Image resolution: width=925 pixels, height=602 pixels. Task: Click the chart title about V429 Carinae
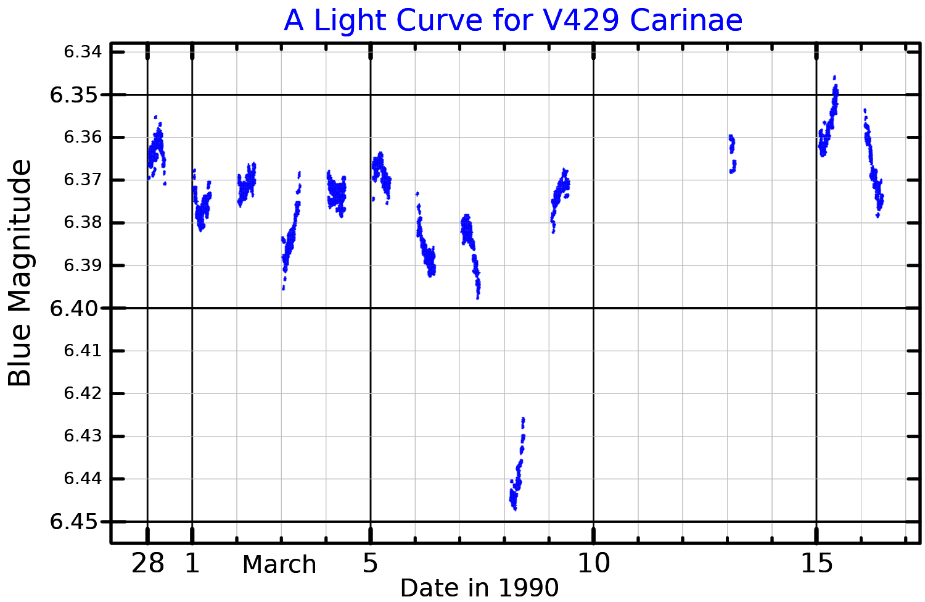(512, 20)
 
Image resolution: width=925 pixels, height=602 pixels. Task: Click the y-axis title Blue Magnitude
(20, 273)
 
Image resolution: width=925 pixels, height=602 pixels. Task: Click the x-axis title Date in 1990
(479, 587)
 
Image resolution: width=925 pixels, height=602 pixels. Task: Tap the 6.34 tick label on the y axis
(82, 52)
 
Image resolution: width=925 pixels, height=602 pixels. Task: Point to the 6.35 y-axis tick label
(74, 95)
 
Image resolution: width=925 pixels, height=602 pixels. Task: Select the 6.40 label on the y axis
(74, 308)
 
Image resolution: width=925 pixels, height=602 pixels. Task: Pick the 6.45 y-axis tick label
(74, 522)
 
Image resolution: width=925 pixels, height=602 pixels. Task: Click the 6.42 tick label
(82, 393)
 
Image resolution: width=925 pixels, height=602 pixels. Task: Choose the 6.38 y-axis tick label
(82, 223)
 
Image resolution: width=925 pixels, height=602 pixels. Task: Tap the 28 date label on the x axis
(148, 563)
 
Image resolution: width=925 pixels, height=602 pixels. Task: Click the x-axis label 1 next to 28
(192, 563)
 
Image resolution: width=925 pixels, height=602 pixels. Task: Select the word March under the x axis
(279, 565)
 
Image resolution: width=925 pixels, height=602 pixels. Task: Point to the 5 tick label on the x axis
(370, 563)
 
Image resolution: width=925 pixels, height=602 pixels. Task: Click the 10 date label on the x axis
(593, 563)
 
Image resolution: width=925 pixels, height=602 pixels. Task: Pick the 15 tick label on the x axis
(816, 563)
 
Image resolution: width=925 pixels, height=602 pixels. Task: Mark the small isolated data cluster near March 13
(732, 153)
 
